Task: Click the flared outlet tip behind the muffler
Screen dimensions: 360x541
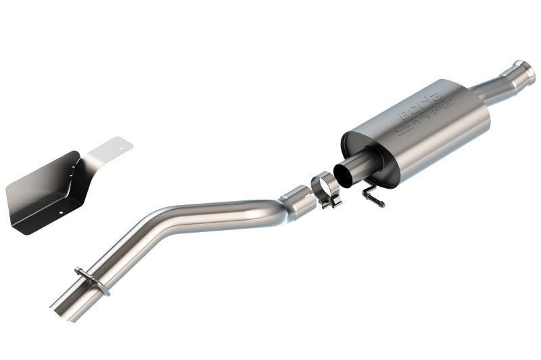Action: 523,70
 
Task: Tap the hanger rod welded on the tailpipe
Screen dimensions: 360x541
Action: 93,280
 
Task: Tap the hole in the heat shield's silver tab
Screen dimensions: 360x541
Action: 120,143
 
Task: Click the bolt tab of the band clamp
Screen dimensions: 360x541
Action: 332,202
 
